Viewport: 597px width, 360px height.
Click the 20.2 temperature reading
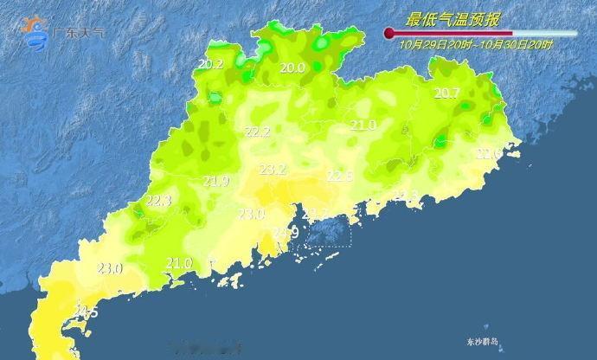[x=210, y=64]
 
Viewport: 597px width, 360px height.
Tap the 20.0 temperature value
[x=292, y=68]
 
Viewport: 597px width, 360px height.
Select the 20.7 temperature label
[x=446, y=93]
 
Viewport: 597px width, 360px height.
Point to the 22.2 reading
[x=258, y=132]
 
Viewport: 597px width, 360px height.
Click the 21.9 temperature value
[x=215, y=181]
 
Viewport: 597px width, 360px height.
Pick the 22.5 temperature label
[x=339, y=176]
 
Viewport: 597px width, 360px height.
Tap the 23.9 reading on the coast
[x=286, y=233]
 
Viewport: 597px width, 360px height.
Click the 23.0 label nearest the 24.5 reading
[x=110, y=268]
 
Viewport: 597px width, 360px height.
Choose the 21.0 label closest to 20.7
[x=363, y=125]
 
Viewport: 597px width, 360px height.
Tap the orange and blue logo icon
[x=37, y=31]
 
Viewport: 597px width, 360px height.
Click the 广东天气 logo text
[x=79, y=33]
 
